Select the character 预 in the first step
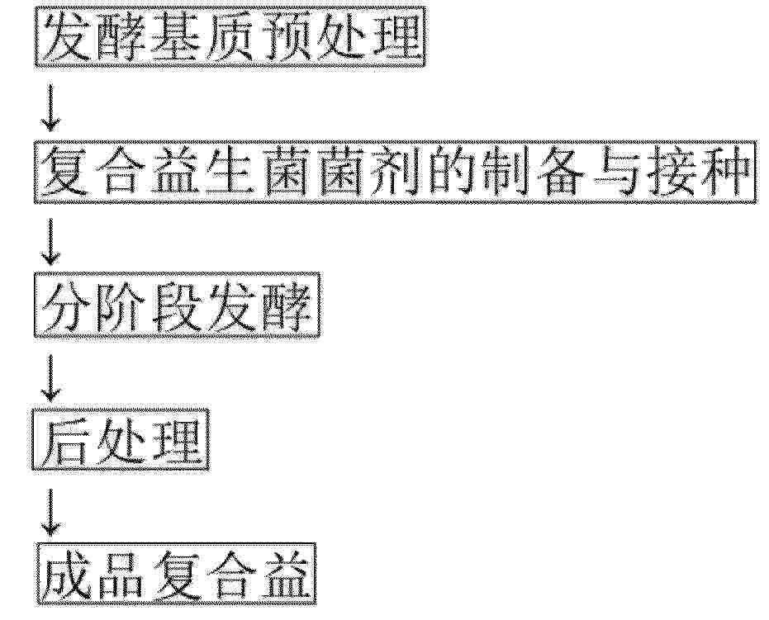[285, 37]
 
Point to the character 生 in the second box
[230, 173]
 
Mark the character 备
[560, 173]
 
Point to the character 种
[725, 173]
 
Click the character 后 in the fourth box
[66, 441]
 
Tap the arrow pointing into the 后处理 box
[50, 377]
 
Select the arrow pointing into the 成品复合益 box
[50, 513]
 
